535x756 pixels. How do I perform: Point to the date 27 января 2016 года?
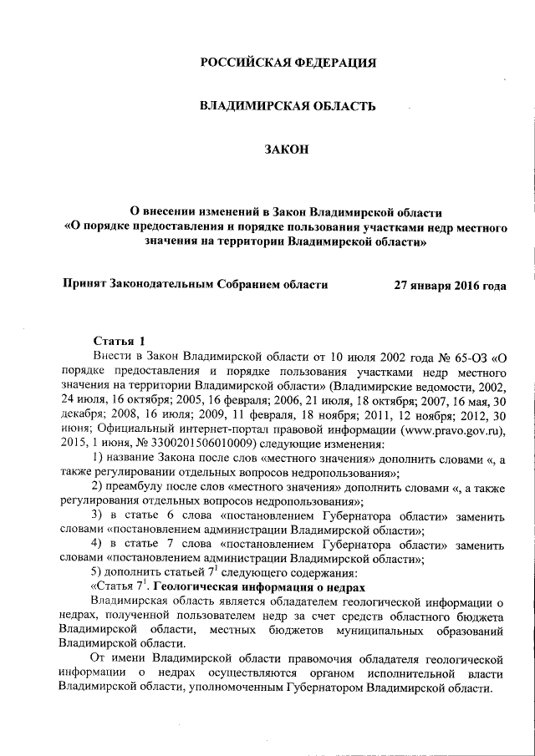point(450,284)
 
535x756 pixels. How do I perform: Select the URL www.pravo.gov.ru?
point(448,429)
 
